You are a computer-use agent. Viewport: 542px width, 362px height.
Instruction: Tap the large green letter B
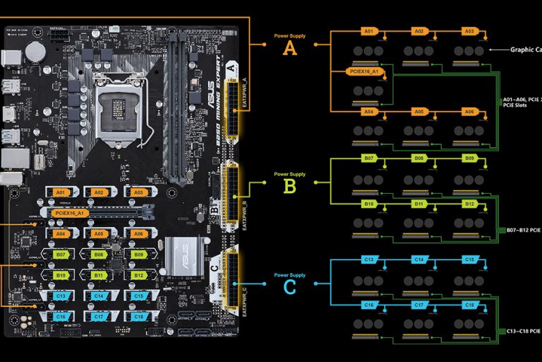pyautogui.click(x=289, y=187)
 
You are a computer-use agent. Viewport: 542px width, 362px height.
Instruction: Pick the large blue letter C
pyautogui.click(x=289, y=287)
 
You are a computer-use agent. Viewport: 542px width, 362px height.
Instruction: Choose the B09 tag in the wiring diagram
pyautogui.click(x=469, y=160)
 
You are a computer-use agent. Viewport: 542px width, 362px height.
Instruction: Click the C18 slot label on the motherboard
pyautogui.click(x=139, y=317)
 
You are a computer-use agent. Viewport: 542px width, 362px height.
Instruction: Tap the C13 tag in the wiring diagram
pyautogui.click(x=368, y=260)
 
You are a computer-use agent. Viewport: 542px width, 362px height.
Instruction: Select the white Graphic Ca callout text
pyautogui.click(x=525, y=49)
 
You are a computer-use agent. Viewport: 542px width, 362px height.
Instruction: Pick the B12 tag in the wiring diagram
pyautogui.click(x=469, y=204)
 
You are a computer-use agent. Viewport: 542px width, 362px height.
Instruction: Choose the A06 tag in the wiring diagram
pyautogui.click(x=469, y=112)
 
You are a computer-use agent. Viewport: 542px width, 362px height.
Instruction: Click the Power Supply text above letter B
pyautogui.click(x=289, y=174)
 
